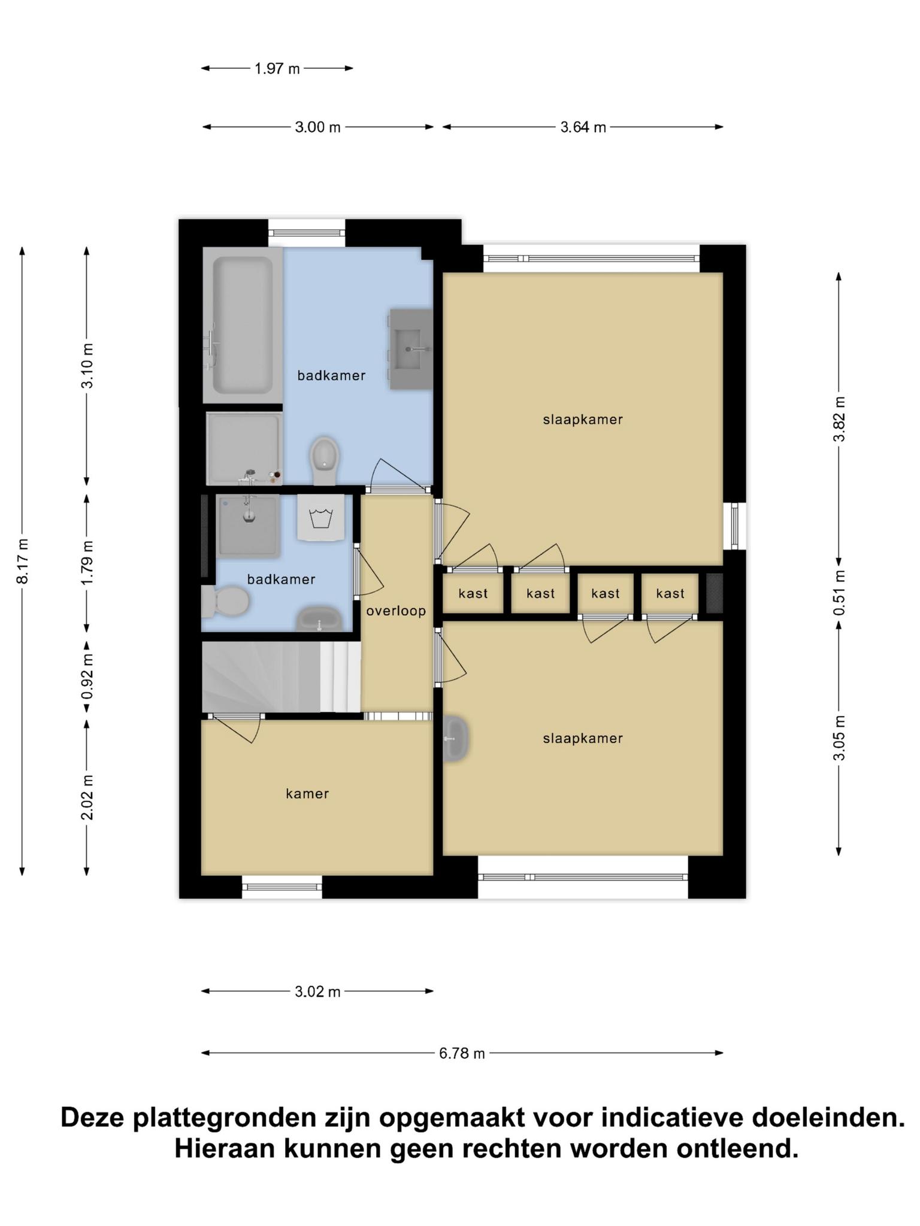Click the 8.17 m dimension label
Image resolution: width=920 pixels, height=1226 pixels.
pos(22,561)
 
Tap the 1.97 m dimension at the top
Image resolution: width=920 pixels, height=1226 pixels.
pos(277,68)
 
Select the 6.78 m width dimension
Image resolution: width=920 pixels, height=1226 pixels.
pos(462,1053)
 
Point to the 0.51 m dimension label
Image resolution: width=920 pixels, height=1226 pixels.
pos(839,592)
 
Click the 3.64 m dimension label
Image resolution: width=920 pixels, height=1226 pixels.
pos(583,127)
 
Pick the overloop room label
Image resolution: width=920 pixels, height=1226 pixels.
pos(396,611)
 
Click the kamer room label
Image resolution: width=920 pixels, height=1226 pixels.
pos(307,794)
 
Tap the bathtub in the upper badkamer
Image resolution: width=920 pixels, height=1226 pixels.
pos(243,325)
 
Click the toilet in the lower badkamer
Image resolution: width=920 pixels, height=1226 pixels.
pos(225,601)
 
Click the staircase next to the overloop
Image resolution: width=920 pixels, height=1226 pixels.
pos(281,677)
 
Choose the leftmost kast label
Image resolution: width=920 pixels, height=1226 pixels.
pos(473,594)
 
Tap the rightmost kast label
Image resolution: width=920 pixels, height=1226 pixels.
pos(670,594)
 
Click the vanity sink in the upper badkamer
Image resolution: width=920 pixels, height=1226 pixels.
pos(411,349)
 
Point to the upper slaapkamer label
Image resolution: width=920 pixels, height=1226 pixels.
pos(583,420)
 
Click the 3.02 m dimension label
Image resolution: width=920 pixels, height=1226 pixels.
pos(317,992)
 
